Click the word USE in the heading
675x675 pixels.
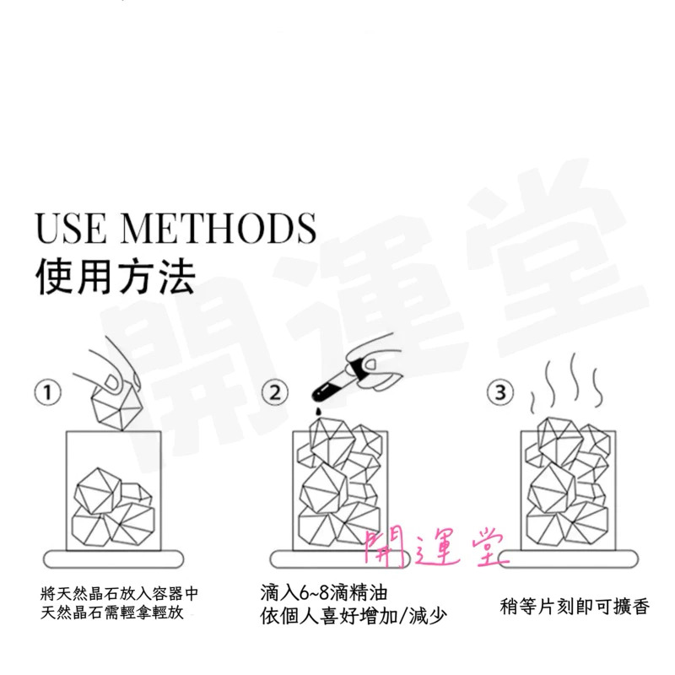pos(70,227)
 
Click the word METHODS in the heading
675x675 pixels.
pos(219,227)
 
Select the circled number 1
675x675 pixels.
pos(48,392)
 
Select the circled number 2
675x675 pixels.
pos(276,392)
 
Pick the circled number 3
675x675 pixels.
pos(500,392)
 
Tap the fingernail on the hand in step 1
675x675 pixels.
pos(114,382)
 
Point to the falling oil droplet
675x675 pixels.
pos(318,411)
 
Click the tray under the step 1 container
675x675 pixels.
pos(114,559)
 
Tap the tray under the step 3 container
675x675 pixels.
pos(568,559)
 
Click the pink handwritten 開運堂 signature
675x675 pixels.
pos(435,547)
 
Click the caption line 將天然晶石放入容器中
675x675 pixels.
pos(119,594)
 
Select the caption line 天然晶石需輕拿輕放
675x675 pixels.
pos(112,613)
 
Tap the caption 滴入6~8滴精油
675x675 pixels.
pos(324,593)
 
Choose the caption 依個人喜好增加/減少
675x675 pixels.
pos(354,616)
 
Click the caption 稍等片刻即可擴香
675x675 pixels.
pos(575,607)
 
